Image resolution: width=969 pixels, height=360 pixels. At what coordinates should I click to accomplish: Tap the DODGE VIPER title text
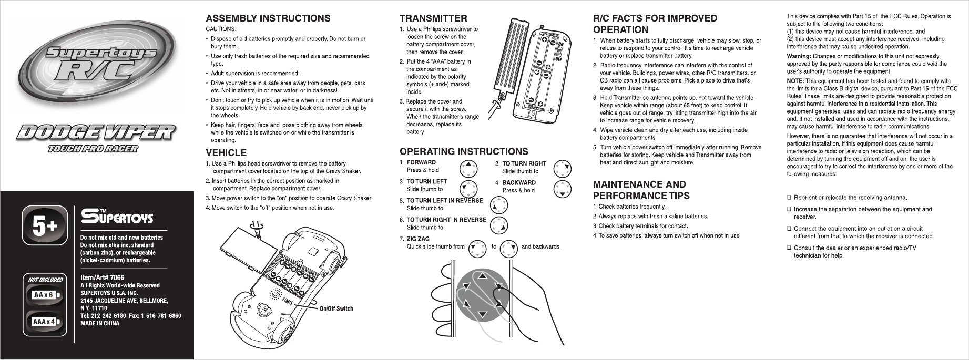tap(94, 132)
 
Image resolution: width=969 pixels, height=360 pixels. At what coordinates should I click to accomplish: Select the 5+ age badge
tap(45, 227)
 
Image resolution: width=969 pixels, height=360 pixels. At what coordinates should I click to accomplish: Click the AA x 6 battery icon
tap(45, 295)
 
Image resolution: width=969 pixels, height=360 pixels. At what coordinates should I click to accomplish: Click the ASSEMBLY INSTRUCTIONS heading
tap(268, 18)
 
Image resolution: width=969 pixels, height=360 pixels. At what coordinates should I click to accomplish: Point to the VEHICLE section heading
tap(226, 153)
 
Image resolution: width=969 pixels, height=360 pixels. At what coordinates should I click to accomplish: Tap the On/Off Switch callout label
tap(336, 308)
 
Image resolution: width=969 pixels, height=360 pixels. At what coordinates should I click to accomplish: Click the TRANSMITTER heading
tap(433, 18)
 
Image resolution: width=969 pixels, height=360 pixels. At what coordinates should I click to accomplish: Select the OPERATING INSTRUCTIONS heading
tap(464, 152)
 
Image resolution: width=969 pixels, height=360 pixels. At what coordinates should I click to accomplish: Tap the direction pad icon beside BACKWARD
tap(563, 189)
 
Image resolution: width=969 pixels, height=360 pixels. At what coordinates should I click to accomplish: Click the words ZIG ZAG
tap(418, 239)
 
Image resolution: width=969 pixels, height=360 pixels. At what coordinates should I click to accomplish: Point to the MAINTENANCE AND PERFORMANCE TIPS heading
tap(641, 190)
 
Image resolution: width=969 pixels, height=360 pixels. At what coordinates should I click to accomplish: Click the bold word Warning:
tap(799, 56)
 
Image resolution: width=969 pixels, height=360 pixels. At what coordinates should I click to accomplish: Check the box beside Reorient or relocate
tap(789, 198)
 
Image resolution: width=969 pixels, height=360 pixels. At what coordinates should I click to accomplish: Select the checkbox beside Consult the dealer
tap(789, 248)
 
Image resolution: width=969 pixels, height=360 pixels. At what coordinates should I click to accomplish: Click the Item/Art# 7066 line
tap(102, 277)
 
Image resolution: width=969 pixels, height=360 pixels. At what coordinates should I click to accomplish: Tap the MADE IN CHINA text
tap(99, 323)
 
